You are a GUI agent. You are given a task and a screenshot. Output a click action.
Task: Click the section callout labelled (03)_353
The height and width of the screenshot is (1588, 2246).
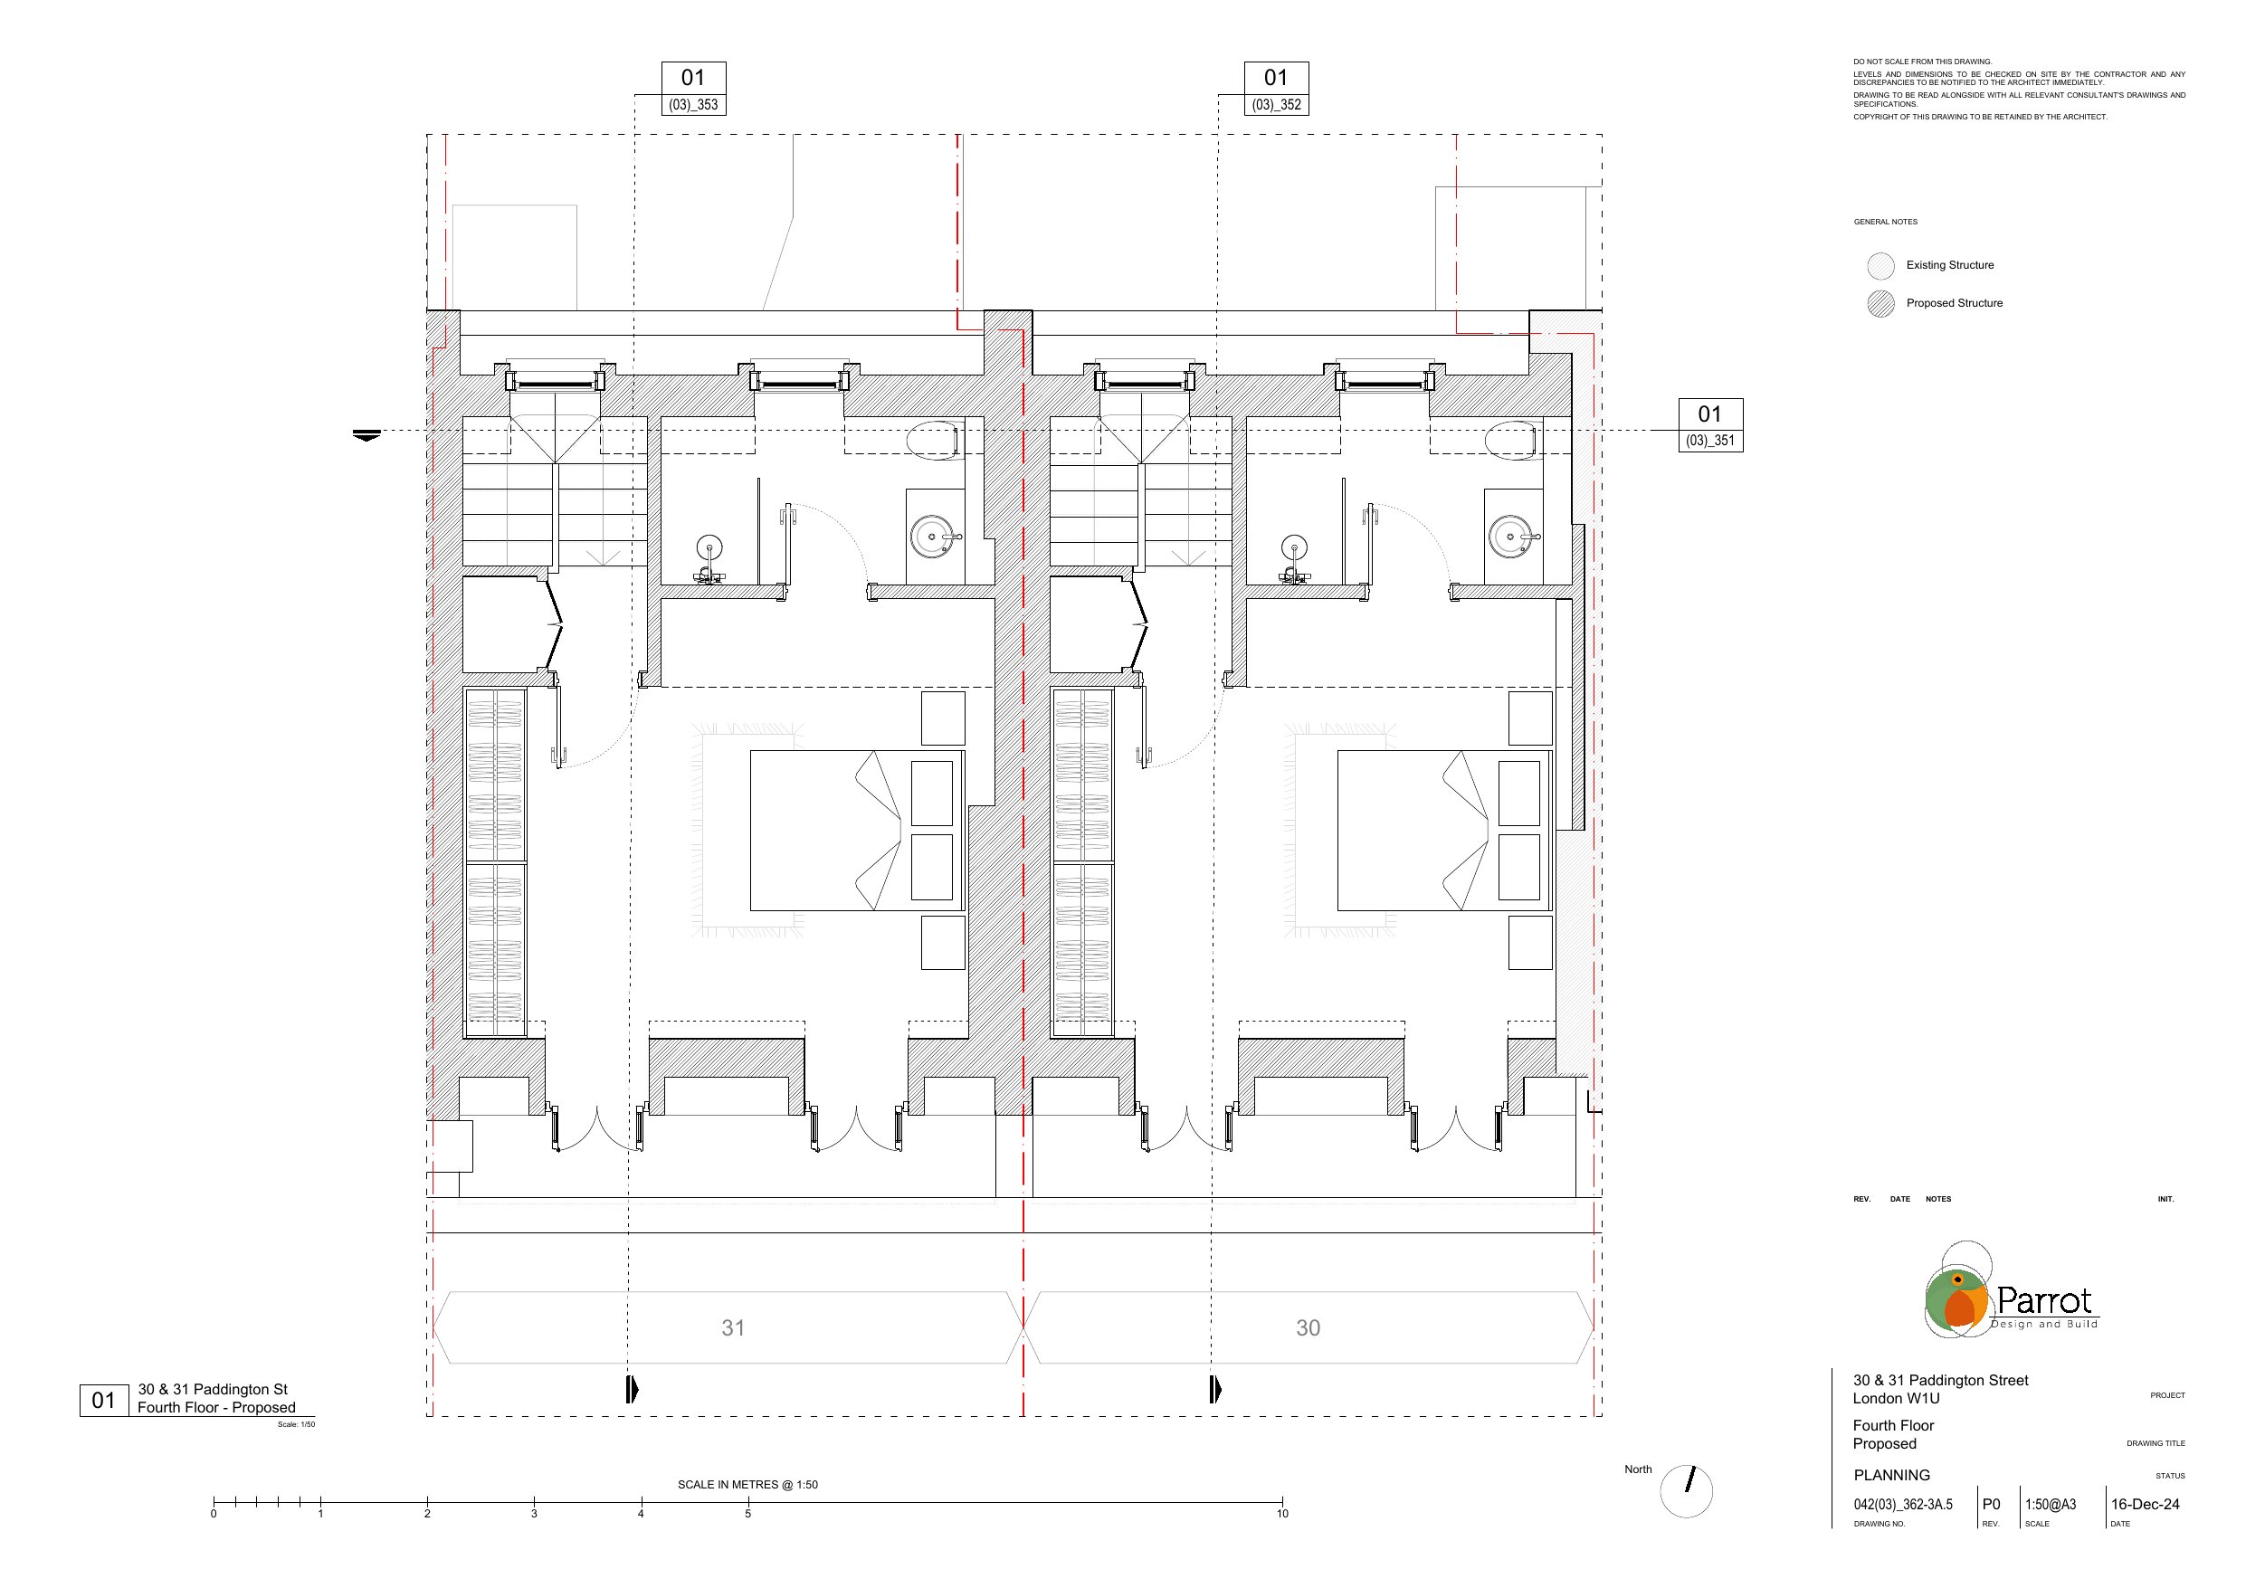click(x=693, y=89)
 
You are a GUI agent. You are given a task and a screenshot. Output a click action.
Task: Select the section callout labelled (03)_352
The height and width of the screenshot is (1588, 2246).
click(x=1276, y=89)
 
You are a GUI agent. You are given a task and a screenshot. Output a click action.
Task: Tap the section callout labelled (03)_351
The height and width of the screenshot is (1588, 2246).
click(x=1710, y=424)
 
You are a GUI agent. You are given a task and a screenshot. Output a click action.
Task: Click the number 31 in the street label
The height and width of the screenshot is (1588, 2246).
click(x=733, y=1327)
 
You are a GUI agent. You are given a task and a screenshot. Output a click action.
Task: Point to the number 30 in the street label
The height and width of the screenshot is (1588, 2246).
click(x=1308, y=1327)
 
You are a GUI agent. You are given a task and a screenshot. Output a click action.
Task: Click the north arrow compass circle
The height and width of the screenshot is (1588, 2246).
click(x=1687, y=1491)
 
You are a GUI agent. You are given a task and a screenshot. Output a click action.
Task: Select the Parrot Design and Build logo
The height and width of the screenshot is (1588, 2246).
click(x=2012, y=1290)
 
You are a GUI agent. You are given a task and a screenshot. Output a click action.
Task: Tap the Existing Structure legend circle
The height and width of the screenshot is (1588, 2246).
click(x=1880, y=266)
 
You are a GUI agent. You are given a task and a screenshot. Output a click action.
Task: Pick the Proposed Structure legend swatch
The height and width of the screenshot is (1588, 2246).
click(x=1880, y=304)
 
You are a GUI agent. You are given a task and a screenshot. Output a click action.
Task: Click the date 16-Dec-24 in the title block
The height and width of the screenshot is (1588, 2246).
click(x=2146, y=1504)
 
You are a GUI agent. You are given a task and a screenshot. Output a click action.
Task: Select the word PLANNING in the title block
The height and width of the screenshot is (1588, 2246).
click(x=1892, y=1475)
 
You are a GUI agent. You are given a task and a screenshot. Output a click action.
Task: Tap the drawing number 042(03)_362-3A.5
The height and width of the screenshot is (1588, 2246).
click(x=1903, y=1505)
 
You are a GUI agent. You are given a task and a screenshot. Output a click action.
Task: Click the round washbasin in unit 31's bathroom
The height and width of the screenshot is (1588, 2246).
click(x=931, y=537)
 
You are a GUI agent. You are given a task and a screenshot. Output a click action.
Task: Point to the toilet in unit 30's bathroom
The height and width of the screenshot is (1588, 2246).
click(x=1513, y=441)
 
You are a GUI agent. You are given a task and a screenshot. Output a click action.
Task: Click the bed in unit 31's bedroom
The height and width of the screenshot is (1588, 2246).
click(x=857, y=831)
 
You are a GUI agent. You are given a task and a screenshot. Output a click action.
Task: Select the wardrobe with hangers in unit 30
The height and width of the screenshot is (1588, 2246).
click(x=1082, y=862)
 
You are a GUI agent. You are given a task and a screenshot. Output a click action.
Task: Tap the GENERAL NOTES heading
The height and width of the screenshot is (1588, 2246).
click(x=1885, y=222)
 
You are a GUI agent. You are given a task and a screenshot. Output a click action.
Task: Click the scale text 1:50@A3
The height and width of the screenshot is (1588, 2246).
click(x=2051, y=1505)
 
